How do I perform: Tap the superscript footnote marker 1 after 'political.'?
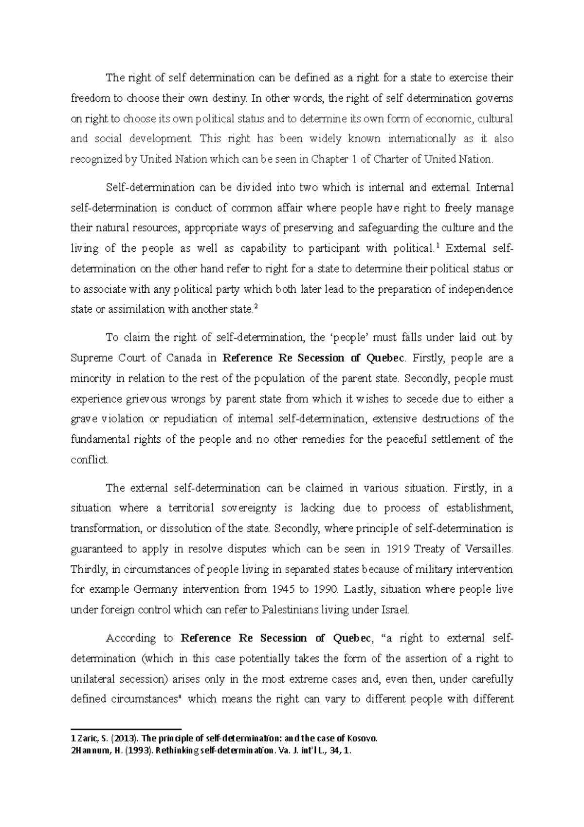coord(438,246)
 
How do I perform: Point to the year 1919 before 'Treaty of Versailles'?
coord(396,549)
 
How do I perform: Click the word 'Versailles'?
coord(488,549)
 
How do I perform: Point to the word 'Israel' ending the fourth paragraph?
coord(398,610)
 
